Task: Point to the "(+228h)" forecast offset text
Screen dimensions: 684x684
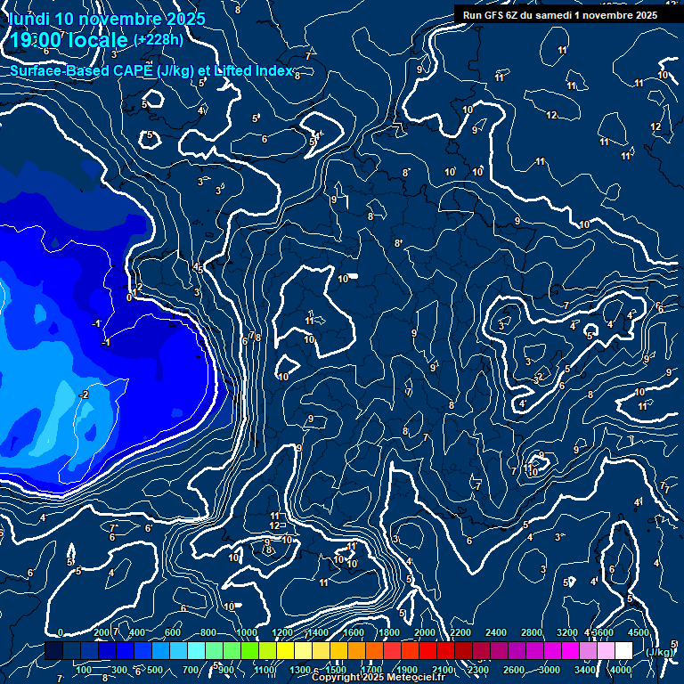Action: [159, 39]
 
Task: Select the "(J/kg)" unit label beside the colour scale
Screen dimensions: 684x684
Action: [659, 652]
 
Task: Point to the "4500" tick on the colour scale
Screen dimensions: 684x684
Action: [638, 632]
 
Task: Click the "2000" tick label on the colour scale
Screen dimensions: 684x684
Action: [425, 632]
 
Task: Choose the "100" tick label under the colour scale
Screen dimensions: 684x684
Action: [85, 670]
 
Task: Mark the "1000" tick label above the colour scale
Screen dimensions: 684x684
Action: [247, 632]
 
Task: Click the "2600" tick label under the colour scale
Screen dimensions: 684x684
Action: [514, 670]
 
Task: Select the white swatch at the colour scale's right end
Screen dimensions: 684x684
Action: [623, 651]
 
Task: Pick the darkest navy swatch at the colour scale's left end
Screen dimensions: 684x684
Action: [53, 651]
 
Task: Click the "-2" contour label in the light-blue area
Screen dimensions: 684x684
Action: [84, 395]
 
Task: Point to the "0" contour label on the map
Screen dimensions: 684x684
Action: [129, 297]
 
